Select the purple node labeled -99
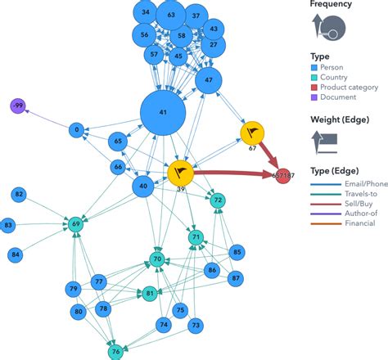tap(19, 106)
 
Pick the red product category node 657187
tap(283, 175)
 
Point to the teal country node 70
tap(158, 260)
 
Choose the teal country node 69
tap(76, 223)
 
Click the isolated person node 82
tap(18, 194)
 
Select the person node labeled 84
tap(16, 255)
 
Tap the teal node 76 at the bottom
tap(115, 352)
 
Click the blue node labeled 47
tap(209, 80)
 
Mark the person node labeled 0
tap(76, 129)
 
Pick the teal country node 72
tap(217, 200)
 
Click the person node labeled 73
tap(195, 325)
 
